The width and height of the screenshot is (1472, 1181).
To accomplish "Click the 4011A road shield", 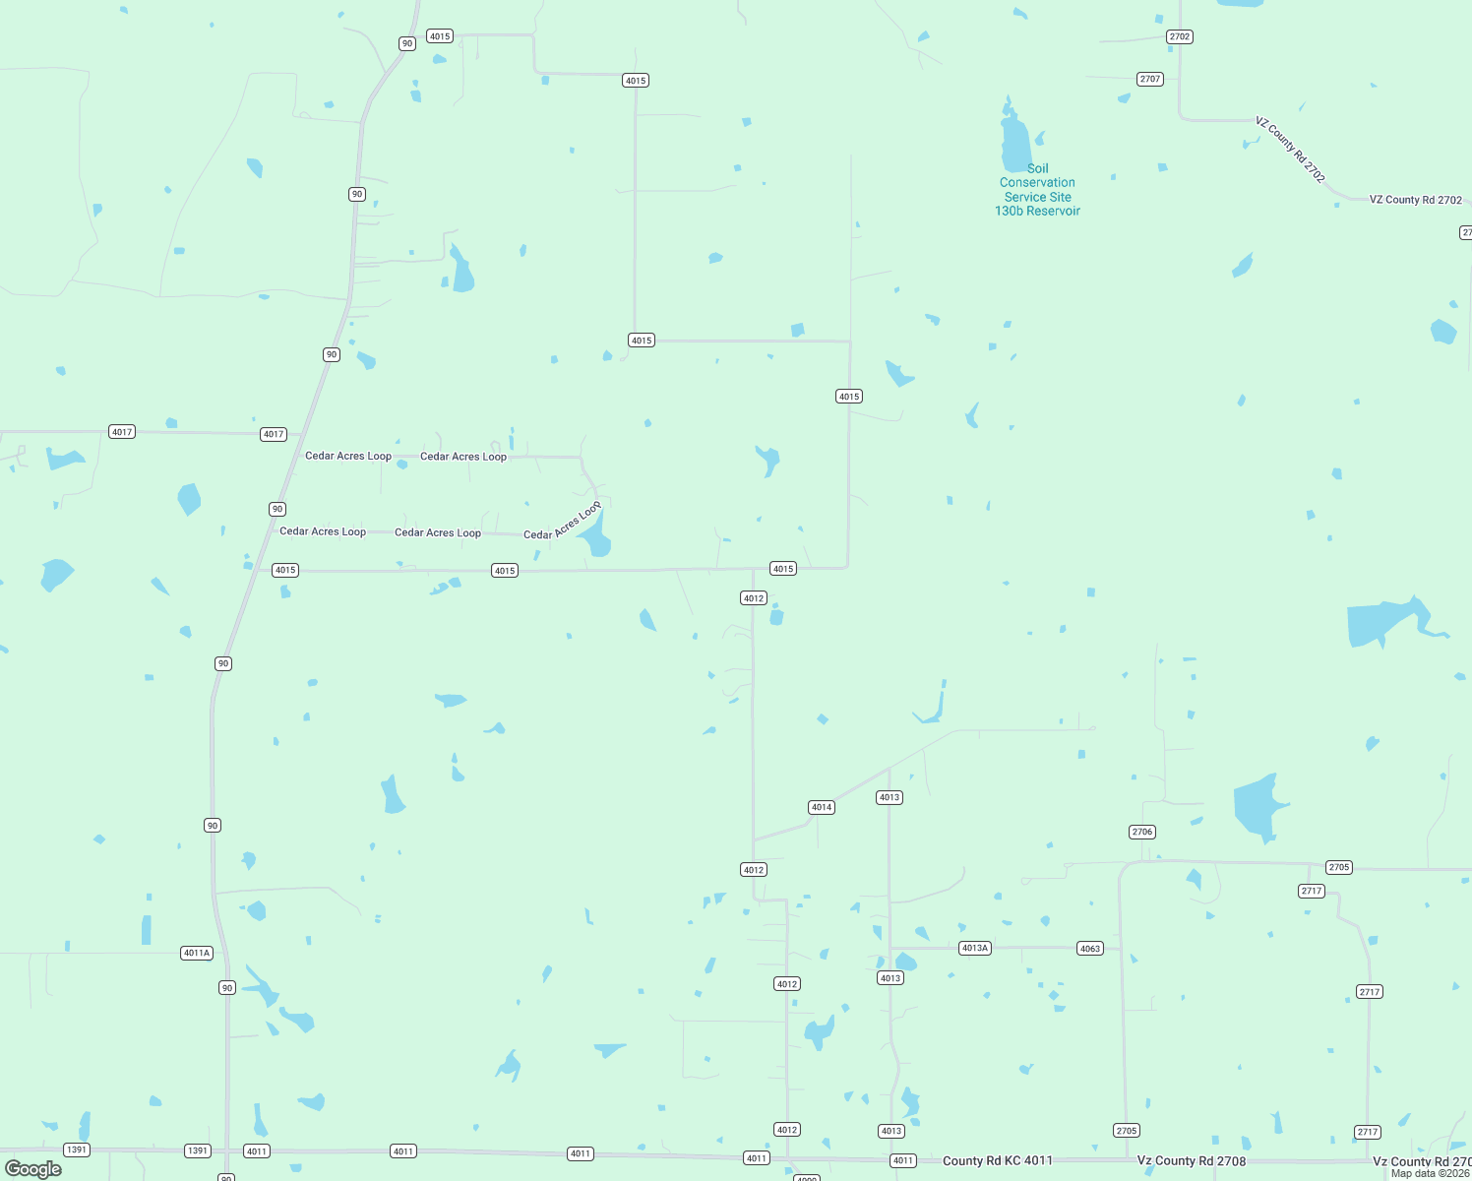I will [197, 953].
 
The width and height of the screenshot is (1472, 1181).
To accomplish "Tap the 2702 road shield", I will [1180, 36].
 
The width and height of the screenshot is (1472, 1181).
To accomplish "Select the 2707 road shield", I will [1150, 79].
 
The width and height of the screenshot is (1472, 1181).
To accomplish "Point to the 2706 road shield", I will [1142, 832].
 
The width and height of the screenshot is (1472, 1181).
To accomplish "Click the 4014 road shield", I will [822, 807].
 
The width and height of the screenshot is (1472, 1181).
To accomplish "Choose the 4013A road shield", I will [975, 948].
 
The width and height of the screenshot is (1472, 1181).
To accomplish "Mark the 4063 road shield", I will [1090, 949].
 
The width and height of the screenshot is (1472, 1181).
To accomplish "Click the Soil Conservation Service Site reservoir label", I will [1038, 190].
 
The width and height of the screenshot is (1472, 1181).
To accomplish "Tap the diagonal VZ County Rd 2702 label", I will [1290, 150].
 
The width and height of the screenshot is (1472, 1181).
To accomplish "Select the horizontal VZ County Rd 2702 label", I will [1416, 200].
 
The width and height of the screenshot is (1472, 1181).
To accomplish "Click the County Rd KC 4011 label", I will [998, 1160].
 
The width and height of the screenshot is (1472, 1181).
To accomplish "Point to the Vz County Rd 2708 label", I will [1192, 1160].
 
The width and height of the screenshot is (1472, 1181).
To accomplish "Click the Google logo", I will [33, 1169].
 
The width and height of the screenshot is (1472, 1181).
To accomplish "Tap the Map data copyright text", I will [1430, 1173].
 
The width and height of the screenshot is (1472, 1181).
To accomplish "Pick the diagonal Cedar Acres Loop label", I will [562, 522].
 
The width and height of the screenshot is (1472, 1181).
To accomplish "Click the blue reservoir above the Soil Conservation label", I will [1014, 143].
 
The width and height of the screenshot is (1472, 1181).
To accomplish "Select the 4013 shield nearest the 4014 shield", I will [889, 797].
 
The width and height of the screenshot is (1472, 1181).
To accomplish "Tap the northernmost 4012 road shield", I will [754, 598].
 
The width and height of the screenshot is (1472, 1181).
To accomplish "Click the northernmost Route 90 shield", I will [407, 43].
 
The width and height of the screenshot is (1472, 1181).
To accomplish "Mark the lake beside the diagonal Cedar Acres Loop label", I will [596, 537].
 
